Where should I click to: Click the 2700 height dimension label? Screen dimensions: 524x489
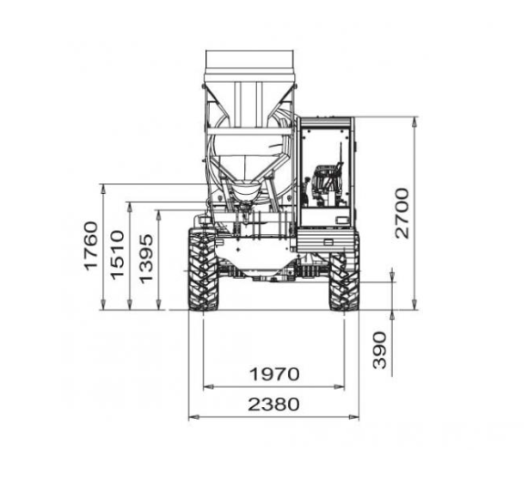pyautogui.click(x=402, y=213)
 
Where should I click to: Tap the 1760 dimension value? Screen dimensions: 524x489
pyautogui.click(x=91, y=246)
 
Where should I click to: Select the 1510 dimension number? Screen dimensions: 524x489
pyautogui.click(x=118, y=255)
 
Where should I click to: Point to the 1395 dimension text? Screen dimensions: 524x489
pyautogui.click(x=147, y=259)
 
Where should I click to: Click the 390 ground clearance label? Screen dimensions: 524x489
pyautogui.click(x=379, y=350)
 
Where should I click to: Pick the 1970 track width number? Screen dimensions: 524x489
pyautogui.click(x=274, y=374)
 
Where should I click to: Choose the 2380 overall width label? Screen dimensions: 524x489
pyautogui.click(x=273, y=404)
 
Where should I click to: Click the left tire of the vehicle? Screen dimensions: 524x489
pyautogui.click(x=203, y=270)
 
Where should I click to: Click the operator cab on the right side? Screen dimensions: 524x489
pyautogui.click(x=326, y=172)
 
